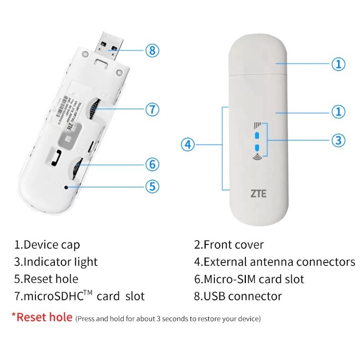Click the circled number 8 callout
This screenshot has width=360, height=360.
click(x=152, y=50)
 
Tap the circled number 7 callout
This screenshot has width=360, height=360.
click(x=152, y=109)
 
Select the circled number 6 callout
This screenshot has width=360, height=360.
click(x=152, y=164)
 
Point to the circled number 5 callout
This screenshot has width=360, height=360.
click(x=152, y=186)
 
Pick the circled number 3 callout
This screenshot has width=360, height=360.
click(x=338, y=140)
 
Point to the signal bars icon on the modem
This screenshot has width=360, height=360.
click(x=257, y=127)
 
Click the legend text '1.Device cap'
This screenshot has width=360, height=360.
click(x=47, y=245)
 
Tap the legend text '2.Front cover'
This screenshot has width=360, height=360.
click(x=229, y=245)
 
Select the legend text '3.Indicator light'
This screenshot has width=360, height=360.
click(x=56, y=262)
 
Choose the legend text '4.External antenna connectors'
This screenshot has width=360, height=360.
click(x=275, y=262)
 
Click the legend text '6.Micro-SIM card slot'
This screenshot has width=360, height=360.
click(x=249, y=279)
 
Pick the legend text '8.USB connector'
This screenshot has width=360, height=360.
click(x=238, y=296)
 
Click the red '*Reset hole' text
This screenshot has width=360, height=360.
click(x=42, y=317)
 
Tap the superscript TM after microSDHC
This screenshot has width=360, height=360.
click(x=88, y=292)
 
